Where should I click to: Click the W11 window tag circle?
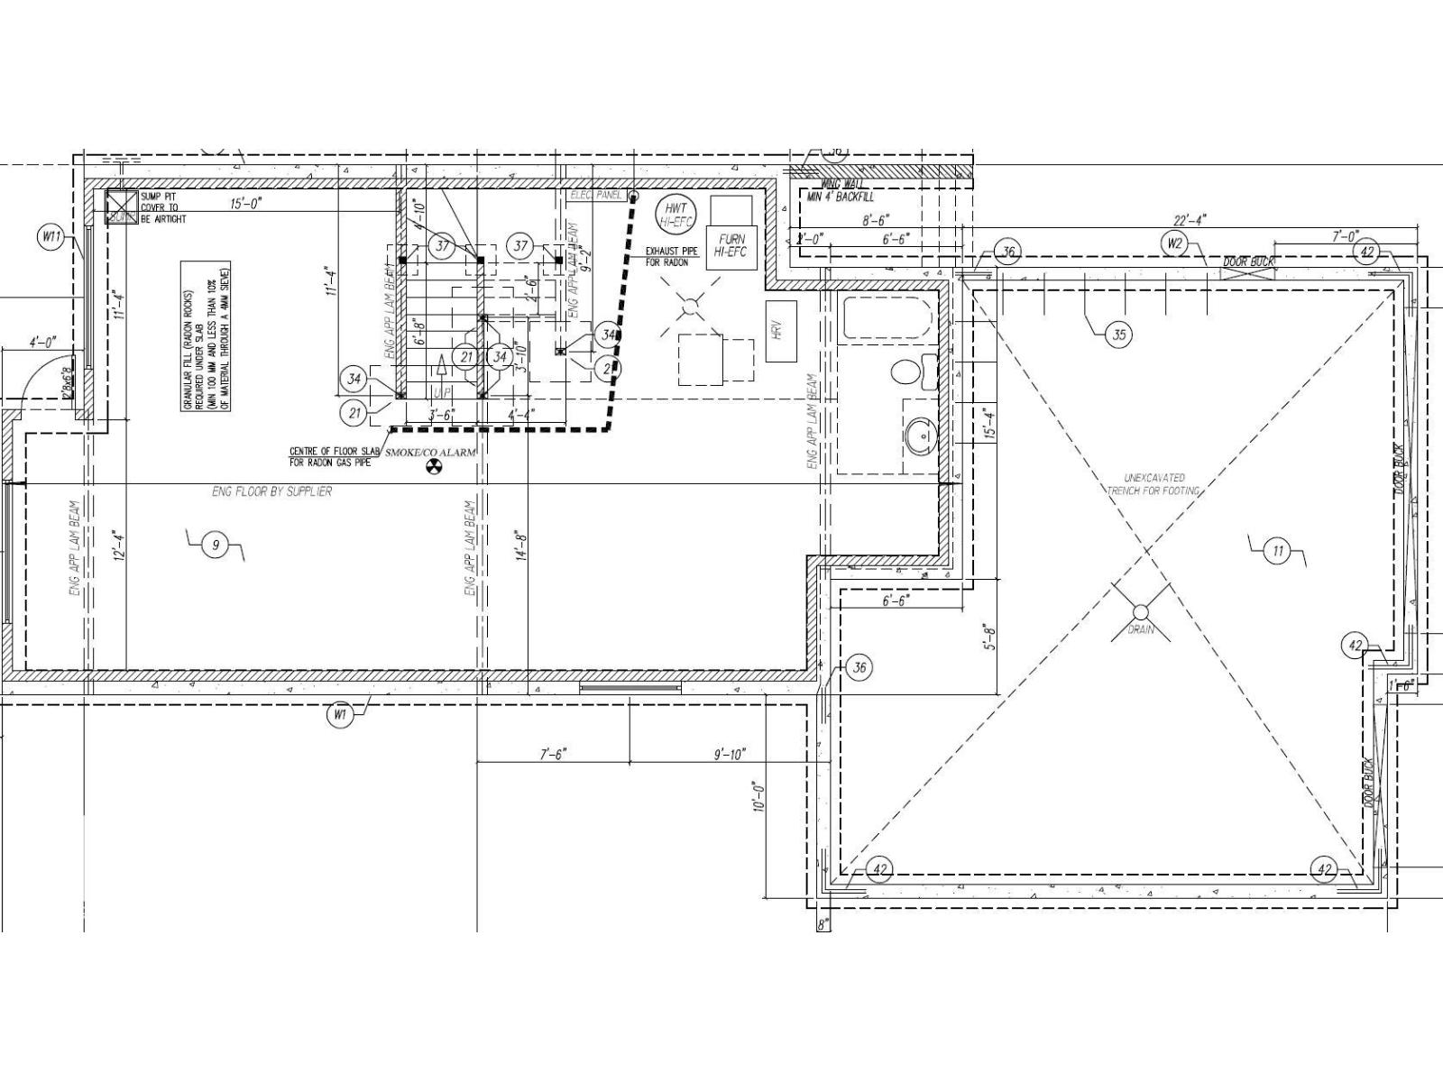[51, 238]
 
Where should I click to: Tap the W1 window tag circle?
[340, 715]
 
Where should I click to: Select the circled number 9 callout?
[215, 546]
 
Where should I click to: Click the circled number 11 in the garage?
[1277, 552]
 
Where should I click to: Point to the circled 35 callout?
[1118, 335]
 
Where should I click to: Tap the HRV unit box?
[780, 331]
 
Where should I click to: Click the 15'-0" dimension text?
[245, 205]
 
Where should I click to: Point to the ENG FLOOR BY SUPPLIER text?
[271, 491]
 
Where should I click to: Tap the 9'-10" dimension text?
[729, 754]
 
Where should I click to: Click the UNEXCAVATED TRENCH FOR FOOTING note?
[1153, 484]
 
